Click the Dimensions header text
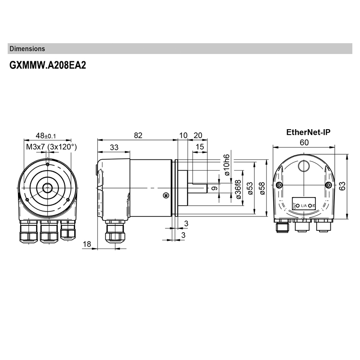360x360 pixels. click(x=27, y=49)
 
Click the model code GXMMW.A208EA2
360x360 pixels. click(x=47, y=65)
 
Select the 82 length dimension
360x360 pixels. click(x=138, y=135)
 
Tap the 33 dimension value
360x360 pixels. click(x=114, y=147)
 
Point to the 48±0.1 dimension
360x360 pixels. click(x=46, y=135)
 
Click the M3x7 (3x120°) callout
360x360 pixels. click(x=51, y=147)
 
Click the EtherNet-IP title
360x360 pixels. click(x=308, y=132)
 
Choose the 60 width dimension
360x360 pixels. click(x=304, y=142)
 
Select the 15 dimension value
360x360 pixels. click(x=200, y=147)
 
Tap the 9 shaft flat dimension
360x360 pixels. click(x=215, y=188)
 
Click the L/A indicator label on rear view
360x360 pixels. click(x=304, y=206)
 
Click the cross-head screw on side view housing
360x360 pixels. click(x=166, y=195)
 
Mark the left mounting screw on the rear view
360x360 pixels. click(x=280, y=186)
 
